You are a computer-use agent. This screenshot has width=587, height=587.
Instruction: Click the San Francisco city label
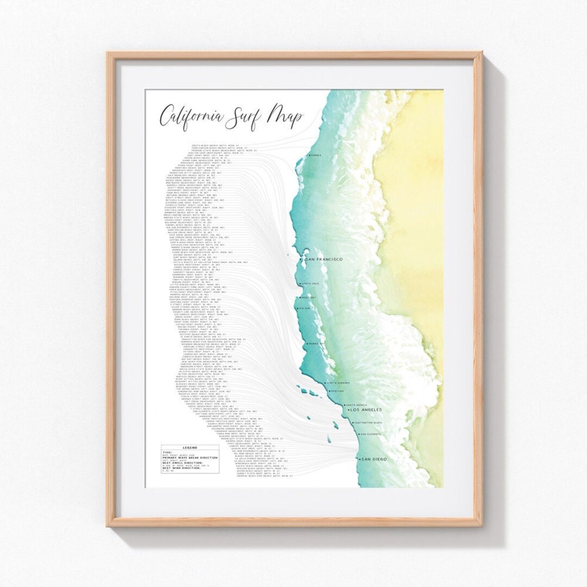[x=324, y=261]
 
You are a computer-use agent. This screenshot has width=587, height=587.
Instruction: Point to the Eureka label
[x=316, y=155]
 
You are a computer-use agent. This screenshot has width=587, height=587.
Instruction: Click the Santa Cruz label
[x=310, y=284]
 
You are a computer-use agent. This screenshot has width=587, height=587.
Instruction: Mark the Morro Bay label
[x=316, y=344]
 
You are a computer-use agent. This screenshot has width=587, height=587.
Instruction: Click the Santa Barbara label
[x=339, y=383]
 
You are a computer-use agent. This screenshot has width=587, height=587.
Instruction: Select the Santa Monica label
[x=358, y=404]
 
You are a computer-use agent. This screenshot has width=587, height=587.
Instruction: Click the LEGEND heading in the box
[x=190, y=448]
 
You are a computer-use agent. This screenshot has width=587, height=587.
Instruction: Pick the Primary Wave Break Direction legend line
[x=190, y=458]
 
